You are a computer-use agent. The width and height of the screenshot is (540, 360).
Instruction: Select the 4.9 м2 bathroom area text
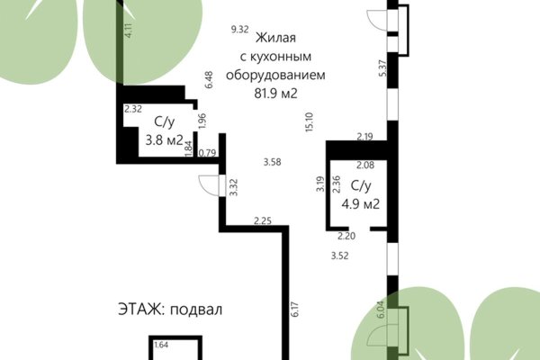click(360, 204)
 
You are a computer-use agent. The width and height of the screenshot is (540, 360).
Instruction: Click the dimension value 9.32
click(239, 30)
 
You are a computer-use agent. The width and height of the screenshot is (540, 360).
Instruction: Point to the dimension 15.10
click(309, 121)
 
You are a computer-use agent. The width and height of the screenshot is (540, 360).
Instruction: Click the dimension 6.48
click(208, 79)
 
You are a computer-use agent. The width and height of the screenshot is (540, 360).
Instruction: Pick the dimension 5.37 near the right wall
click(382, 67)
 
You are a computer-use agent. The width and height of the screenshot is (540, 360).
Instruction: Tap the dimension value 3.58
click(273, 162)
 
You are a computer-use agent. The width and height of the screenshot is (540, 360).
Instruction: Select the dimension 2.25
click(263, 220)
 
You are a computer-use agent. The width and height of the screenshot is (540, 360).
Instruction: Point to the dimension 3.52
click(339, 256)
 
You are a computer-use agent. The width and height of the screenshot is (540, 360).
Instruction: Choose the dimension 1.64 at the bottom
click(162, 345)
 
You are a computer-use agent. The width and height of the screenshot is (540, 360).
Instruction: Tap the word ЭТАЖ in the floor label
click(137, 308)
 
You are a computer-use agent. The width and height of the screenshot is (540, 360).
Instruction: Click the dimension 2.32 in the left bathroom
click(133, 109)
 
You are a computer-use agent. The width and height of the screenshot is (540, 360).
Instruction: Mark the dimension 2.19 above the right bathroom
click(364, 137)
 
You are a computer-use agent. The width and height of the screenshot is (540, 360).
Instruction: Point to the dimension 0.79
click(206, 152)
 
